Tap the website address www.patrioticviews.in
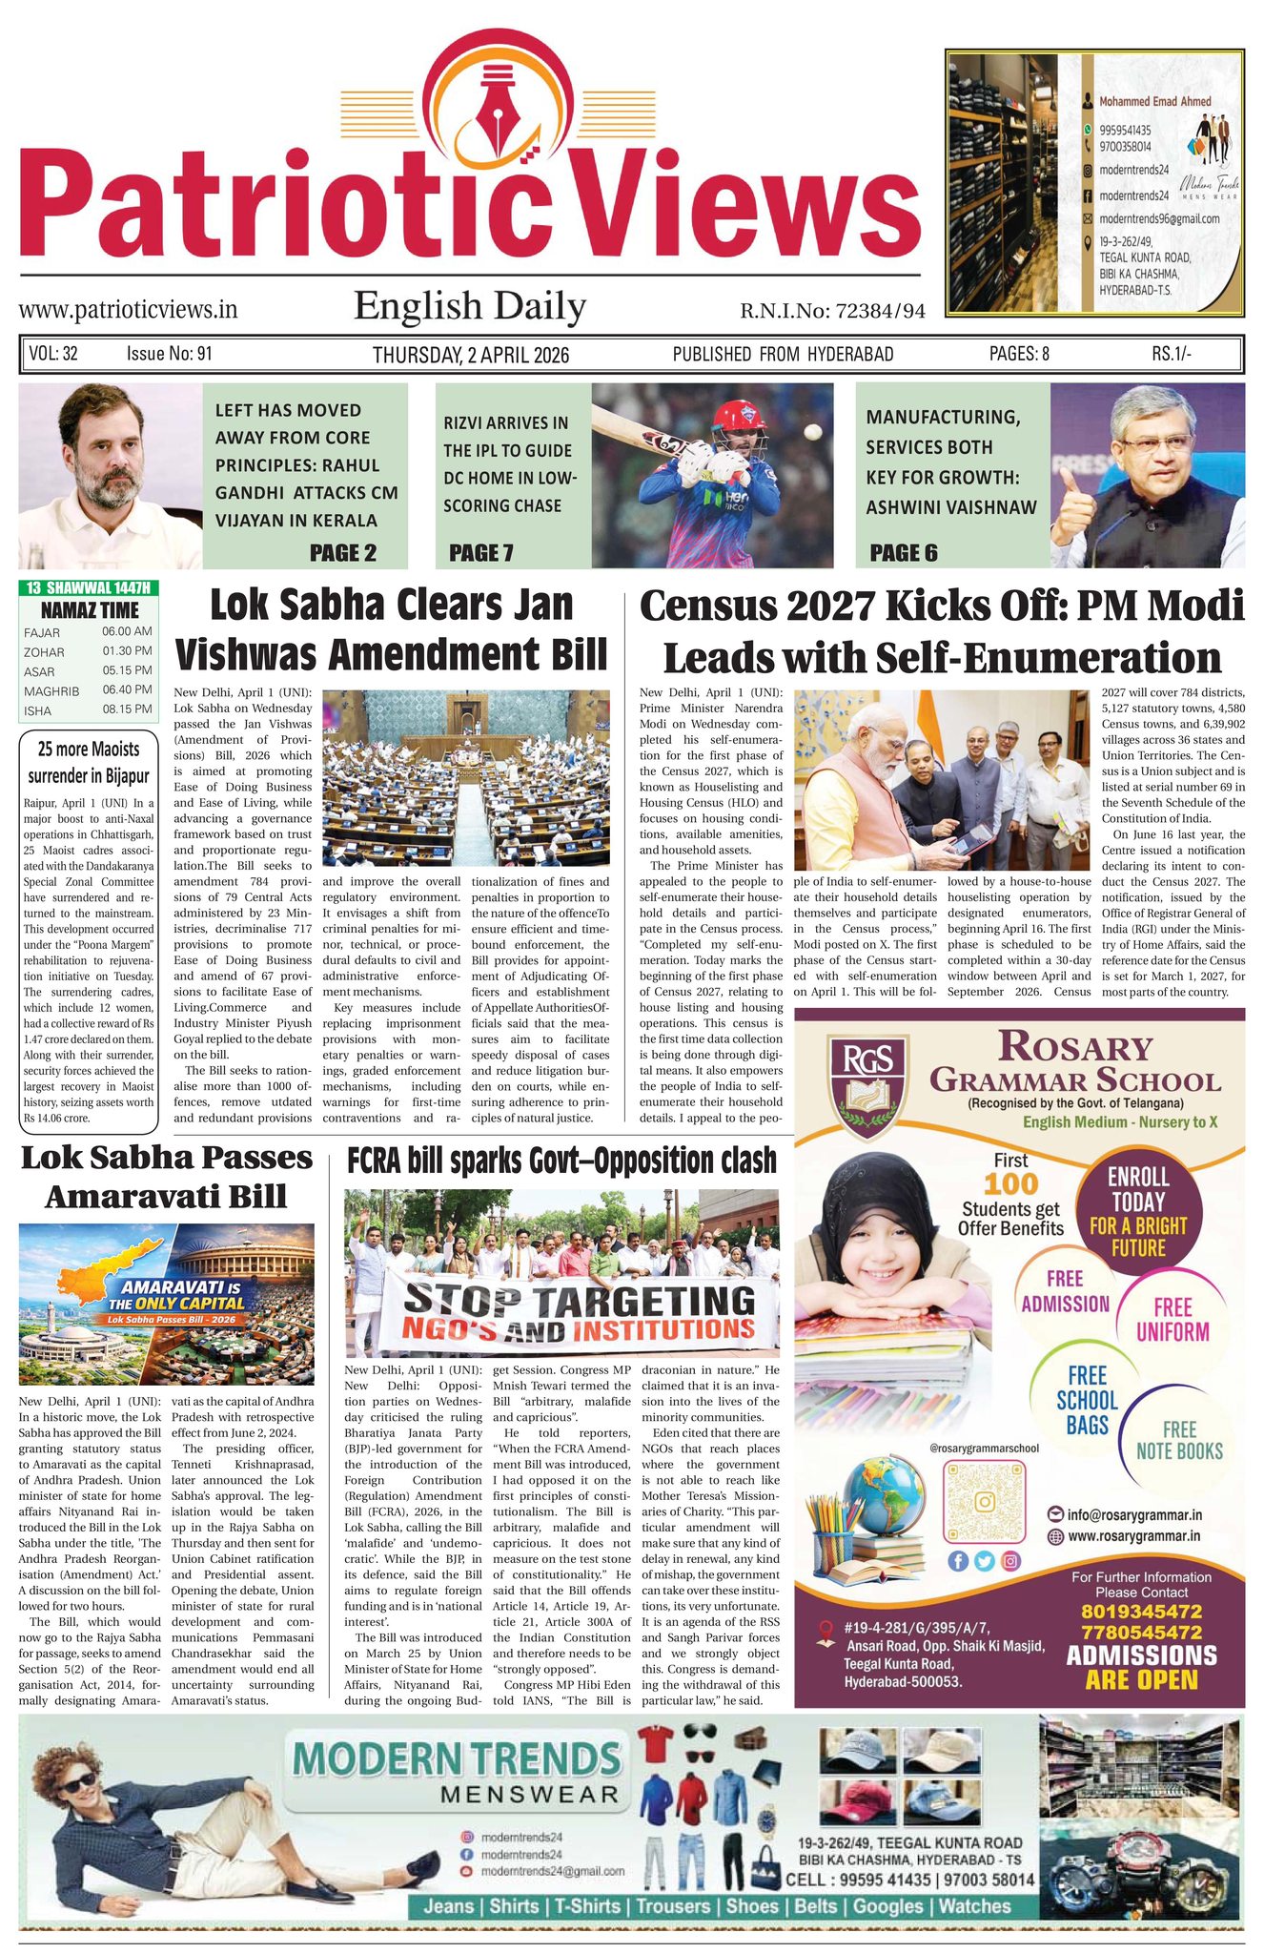[x=128, y=310]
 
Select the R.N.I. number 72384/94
[x=832, y=311]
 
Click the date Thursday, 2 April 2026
[x=470, y=355]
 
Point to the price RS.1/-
[x=1171, y=354]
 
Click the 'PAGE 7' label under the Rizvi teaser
[x=480, y=553]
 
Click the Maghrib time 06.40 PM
[x=127, y=689]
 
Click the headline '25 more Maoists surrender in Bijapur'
[x=89, y=762]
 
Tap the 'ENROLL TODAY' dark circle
[x=1138, y=1212]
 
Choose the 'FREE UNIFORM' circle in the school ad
[x=1172, y=1320]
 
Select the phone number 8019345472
[x=1141, y=1611]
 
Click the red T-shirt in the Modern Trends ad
[x=657, y=1744]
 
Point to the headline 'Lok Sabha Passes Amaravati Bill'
[x=167, y=1176]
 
